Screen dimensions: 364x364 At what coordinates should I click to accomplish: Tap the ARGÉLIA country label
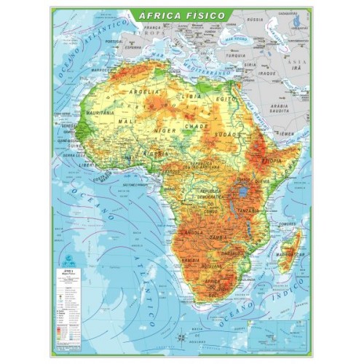click(x=143, y=92)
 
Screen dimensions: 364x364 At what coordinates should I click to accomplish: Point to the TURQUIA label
click(x=235, y=55)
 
